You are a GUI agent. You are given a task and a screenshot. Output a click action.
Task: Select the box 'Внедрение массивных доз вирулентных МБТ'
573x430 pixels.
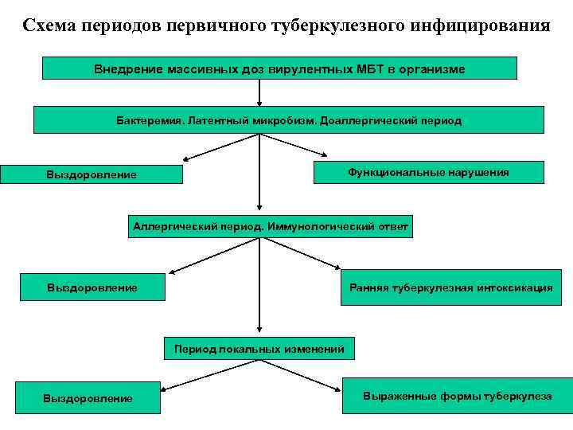point(279,68)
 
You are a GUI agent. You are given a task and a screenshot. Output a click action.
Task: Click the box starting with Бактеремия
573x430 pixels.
point(288,120)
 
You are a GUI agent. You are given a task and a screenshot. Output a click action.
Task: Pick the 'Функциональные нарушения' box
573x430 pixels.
point(428,172)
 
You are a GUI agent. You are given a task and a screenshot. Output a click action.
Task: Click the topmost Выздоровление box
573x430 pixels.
point(91,174)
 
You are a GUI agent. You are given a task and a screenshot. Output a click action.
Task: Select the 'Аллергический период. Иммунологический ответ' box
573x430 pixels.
point(271,227)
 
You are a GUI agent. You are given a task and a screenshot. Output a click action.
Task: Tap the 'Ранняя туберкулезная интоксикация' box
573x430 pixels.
point(450,287)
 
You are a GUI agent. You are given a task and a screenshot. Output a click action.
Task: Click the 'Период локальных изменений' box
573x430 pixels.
point(259,349)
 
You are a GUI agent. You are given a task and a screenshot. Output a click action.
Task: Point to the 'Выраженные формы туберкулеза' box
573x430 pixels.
point(457,395)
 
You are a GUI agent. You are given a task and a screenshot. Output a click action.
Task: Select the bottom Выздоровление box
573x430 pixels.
point(88,398)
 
